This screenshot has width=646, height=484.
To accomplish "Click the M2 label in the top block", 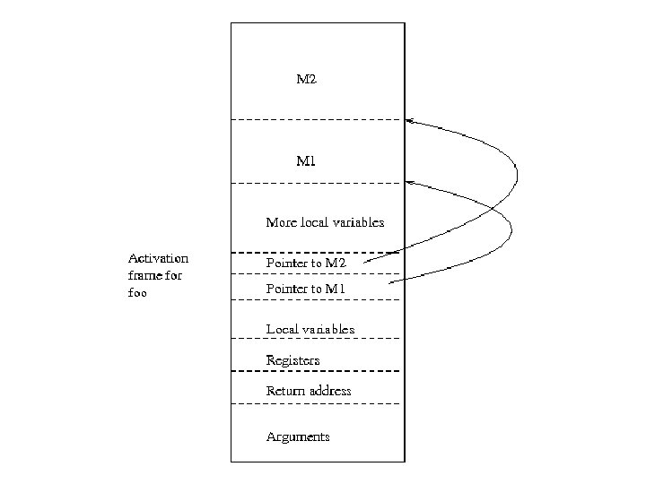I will [307, 80].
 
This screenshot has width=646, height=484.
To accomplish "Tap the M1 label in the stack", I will [306, 161].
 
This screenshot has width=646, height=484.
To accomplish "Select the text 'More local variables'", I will [325, 221].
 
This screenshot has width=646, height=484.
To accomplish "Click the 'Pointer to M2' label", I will [306, 263].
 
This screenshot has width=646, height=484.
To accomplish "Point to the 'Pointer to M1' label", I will [306, 288].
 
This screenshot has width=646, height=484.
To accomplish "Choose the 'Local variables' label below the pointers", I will [310, 329].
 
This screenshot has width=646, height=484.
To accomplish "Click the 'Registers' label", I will [292, 360].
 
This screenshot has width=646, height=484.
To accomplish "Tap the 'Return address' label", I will [309, 391].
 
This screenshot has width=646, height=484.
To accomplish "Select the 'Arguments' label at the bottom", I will [298, 436].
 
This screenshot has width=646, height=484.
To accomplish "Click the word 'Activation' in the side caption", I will [158, 258].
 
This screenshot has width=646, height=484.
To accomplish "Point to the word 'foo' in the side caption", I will [137, 292].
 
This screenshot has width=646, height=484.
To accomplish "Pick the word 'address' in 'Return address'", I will [329, 391].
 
